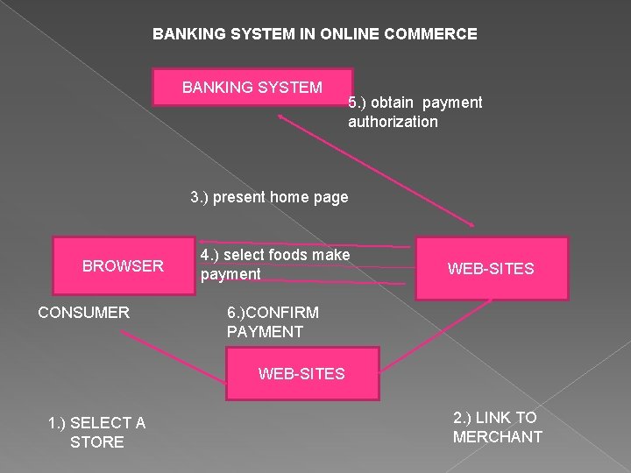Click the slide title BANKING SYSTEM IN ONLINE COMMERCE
click(x=315, y=34)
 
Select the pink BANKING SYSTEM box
click(x=252, y=88)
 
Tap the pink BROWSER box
click(x=123, y=265)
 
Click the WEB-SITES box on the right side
click(x=491, y=269)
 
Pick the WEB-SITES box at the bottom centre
click(x=301, y=374)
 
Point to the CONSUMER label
click(x=83, y=313)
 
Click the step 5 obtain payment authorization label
click(x=415, y=112)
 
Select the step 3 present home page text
click(x=269, y=197)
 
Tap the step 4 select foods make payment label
click(x=274, y=265)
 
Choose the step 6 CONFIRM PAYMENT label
click(x=273, y=322)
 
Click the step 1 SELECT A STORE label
click(x=96, y=433)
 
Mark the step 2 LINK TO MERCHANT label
click(x=497, y=427)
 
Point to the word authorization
click(x=393, y=122)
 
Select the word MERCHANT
click(x=497, y=437)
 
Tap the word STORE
click(x=96, y=442)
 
